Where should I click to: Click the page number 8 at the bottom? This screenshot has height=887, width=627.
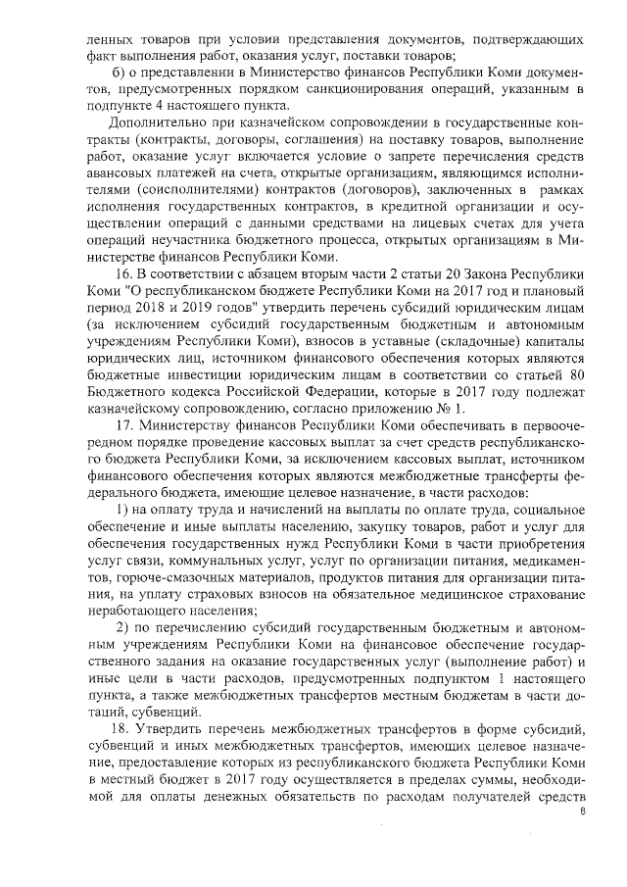(x=584, y=813)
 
